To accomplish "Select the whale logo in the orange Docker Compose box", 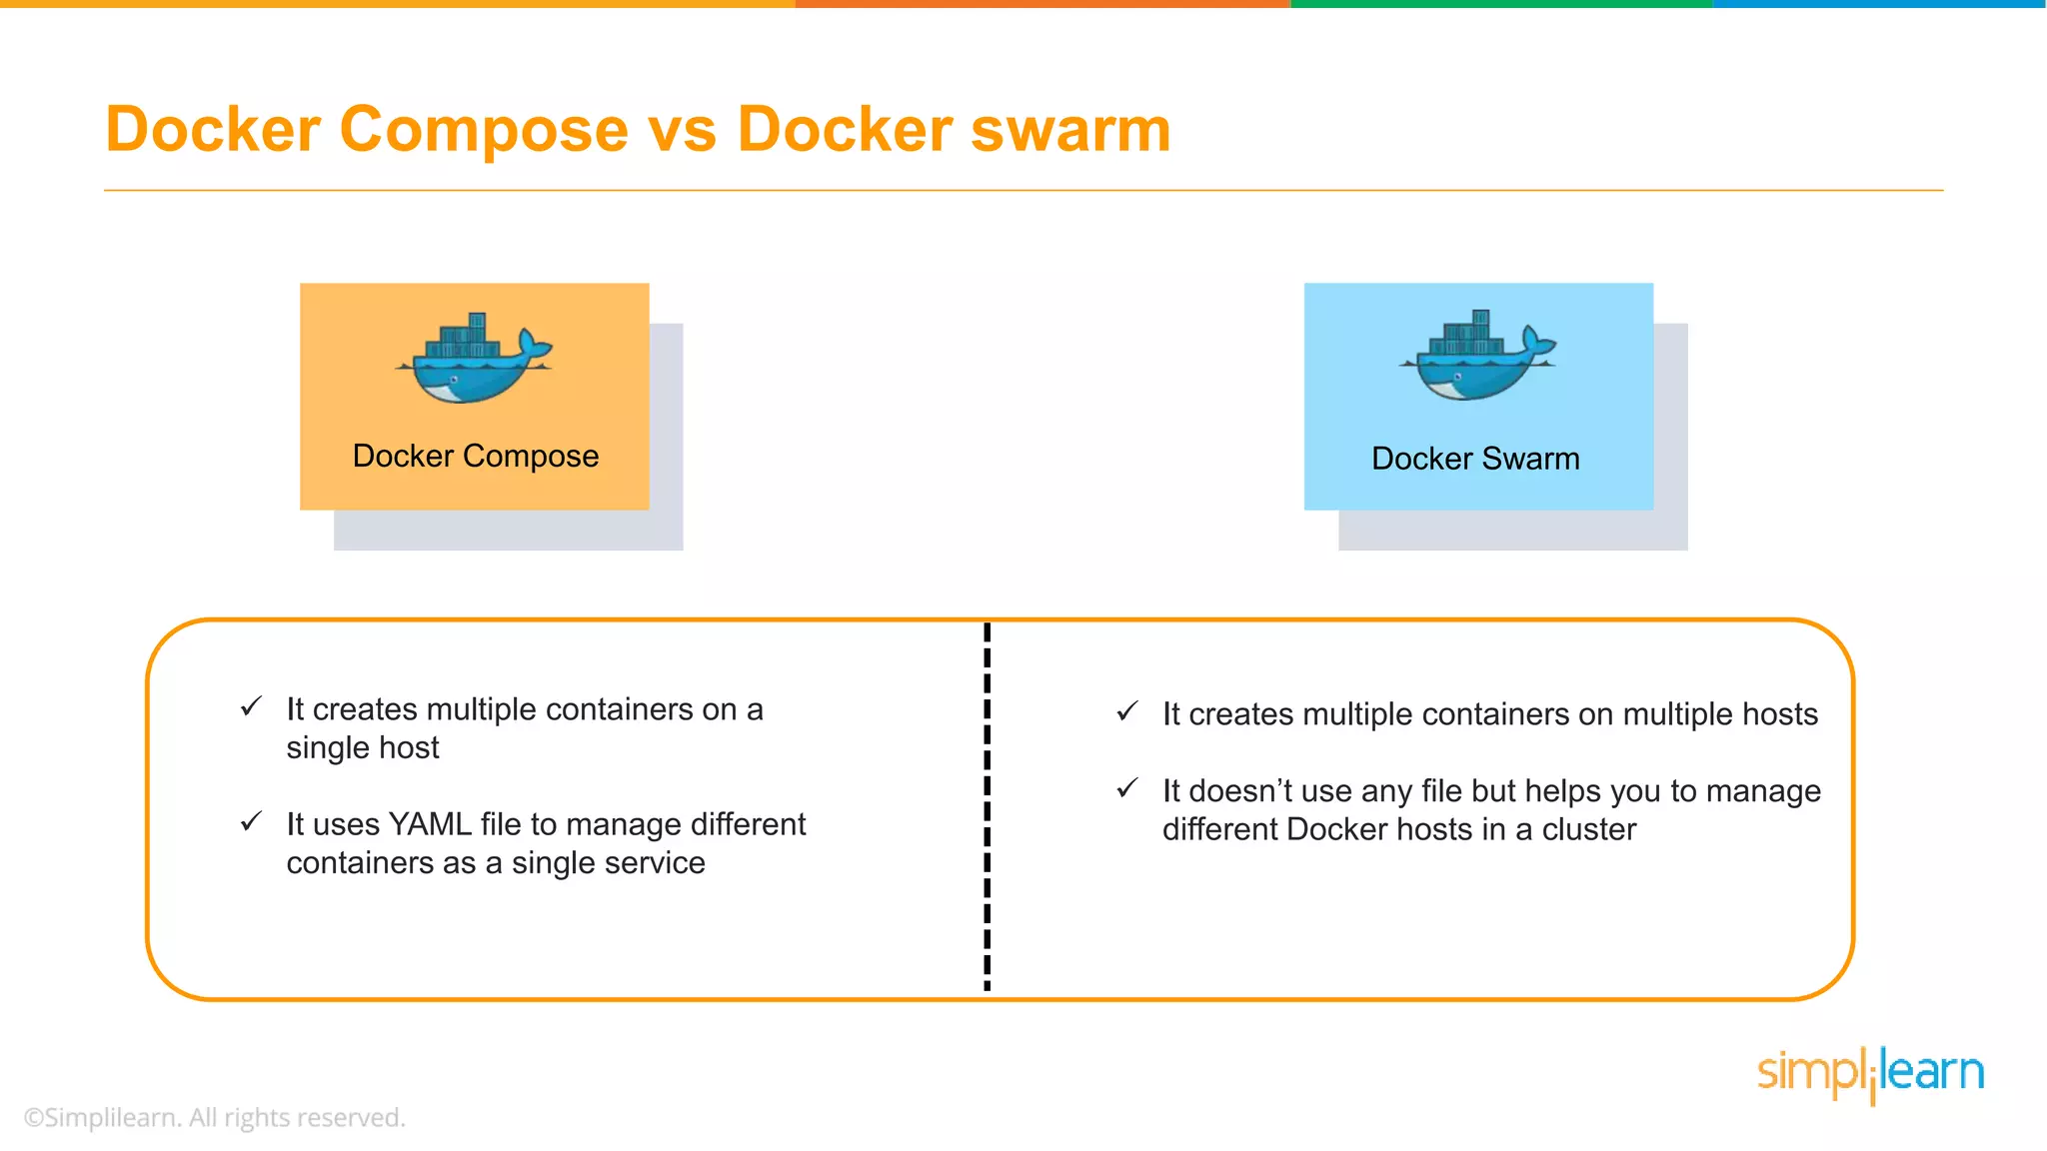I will click(474, 359).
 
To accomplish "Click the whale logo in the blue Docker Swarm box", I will click(1477, 357).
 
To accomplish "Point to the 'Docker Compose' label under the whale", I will click(476, 456).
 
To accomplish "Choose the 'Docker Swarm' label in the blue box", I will click(1475, 459).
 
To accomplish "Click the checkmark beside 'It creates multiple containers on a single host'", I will click(251, 707).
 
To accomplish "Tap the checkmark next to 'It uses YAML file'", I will click(251, 822).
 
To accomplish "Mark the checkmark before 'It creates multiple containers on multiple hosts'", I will click(1127, 711).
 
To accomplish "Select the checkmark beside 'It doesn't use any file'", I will click(1127, 788).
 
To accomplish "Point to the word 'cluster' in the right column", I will click(1588, 829).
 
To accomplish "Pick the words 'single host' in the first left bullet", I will click(363, 748).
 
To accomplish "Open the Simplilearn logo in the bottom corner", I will click(1870, 1073).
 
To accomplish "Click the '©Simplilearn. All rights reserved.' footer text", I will click(215, 1118).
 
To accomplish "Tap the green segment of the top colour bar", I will click(1501, 4).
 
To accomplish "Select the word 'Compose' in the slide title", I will click(484, 130).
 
